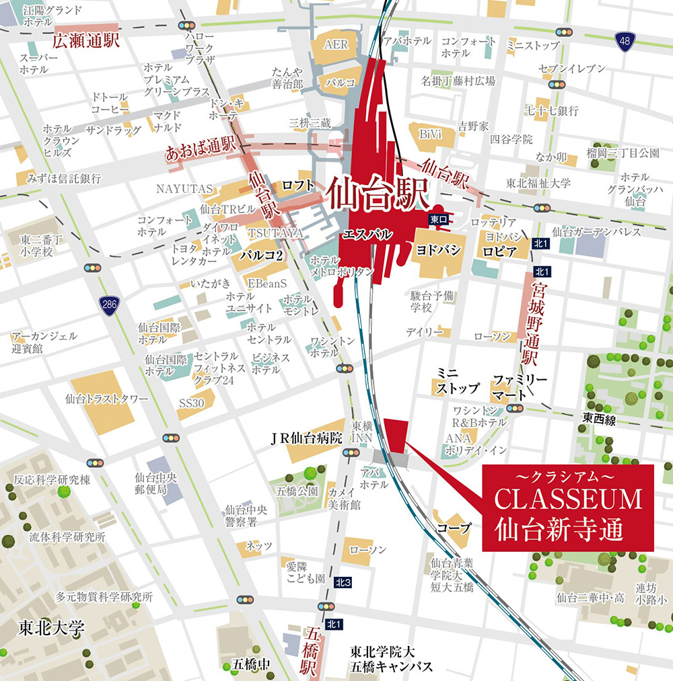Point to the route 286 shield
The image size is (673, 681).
[108, 305]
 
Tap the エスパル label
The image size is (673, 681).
[367, 235]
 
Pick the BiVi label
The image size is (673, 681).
[430, 134]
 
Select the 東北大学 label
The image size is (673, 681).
[52, 630]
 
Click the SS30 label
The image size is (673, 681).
[192, 403]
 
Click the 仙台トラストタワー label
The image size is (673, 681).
[106, 399]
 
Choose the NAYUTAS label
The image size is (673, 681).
[184, 189]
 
